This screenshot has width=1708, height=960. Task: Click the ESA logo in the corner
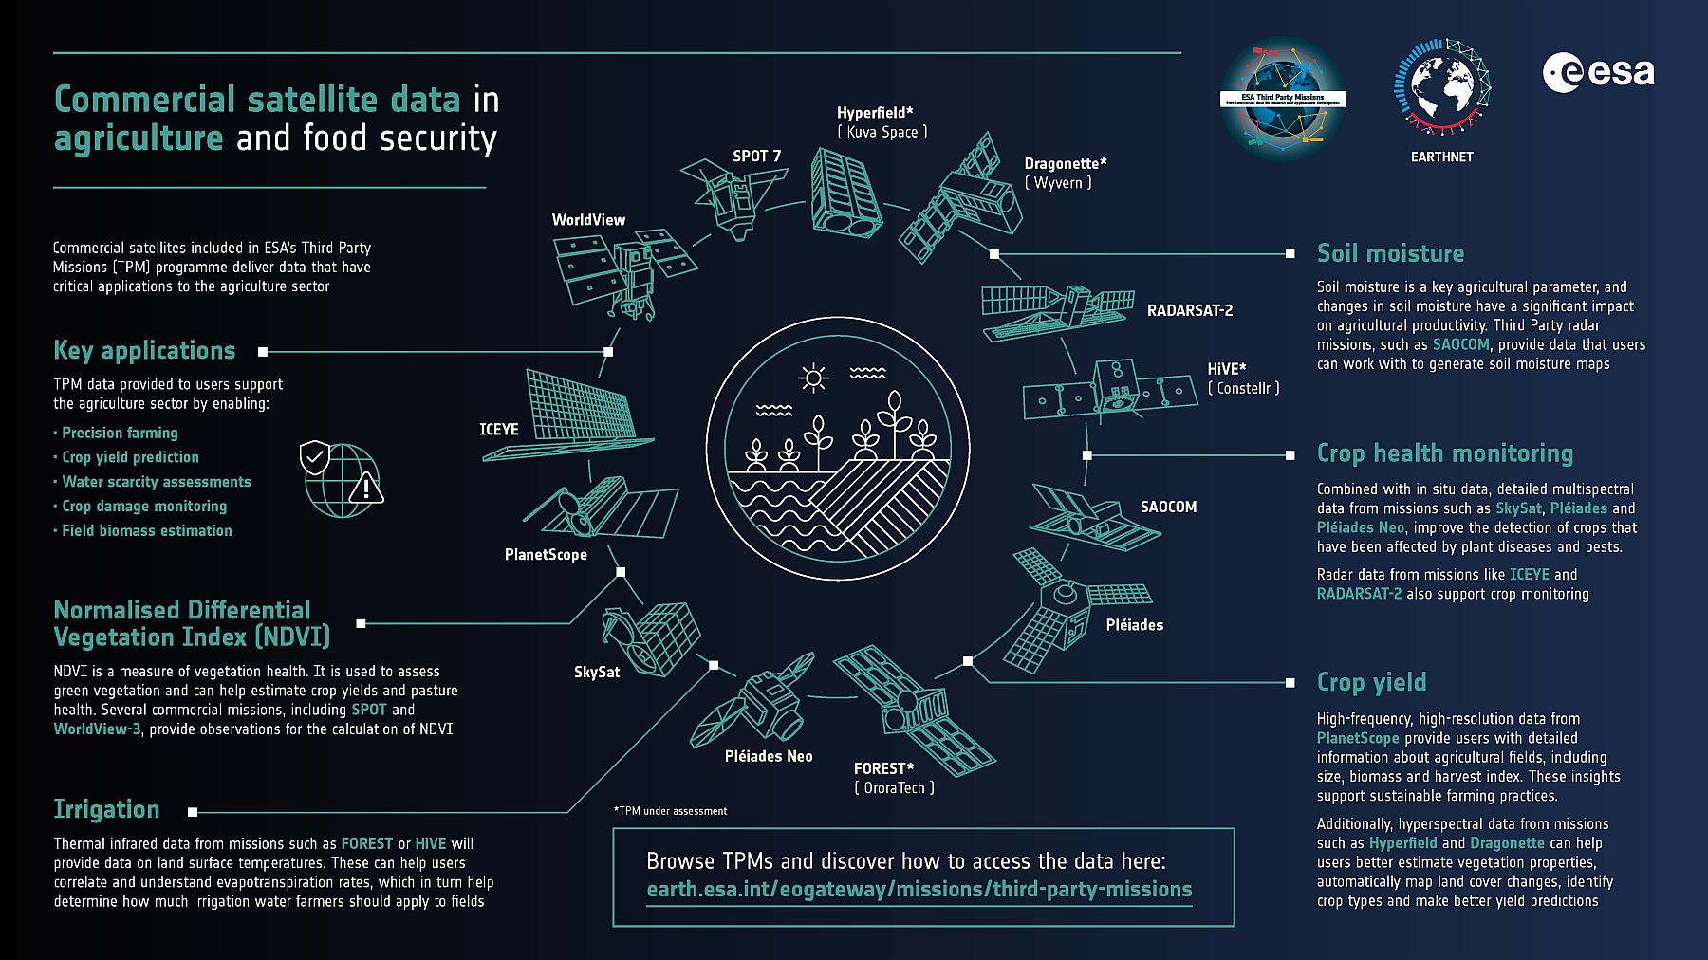(x=1598, y=73)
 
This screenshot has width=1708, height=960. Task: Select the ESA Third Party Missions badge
(x=1282, y=98)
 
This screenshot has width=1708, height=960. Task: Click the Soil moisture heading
(x=1390, y=253)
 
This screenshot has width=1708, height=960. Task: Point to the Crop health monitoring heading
(x=1444, y=453)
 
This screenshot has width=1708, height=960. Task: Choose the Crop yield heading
(x=1371, y=682)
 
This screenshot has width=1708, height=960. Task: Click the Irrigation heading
(x=106, y=809)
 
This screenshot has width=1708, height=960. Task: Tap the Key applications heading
(x=144, y=350)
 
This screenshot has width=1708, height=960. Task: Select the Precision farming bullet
(x=120, y=433)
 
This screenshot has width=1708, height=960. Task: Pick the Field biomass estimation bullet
(x=146, y=531)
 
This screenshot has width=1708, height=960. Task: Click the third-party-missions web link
(x=919, y=890)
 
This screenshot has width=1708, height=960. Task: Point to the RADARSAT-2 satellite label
(x=1189, y=310)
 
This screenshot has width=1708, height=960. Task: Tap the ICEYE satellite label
(x=498, y=430)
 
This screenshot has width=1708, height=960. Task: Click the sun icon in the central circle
(x=813, y=378)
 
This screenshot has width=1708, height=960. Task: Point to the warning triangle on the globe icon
(x=365, y=489)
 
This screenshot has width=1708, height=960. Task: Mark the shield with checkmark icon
(x=314, y=457)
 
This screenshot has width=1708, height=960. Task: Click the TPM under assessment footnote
(x=670, y=811)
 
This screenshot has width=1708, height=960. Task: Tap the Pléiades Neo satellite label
(x=768, y=756)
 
